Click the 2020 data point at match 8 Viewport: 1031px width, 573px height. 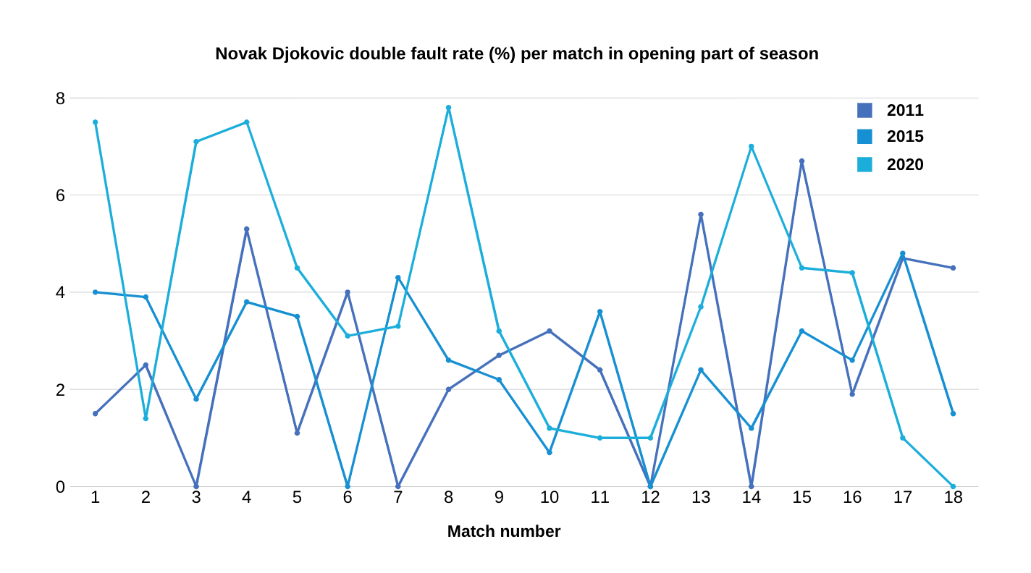[448, 108]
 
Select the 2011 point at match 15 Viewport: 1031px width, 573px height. [801, 161]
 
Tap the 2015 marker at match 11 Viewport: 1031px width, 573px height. [599, 312]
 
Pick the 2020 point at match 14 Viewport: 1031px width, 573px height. [751, 147]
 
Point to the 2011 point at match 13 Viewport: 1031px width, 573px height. [701, 214]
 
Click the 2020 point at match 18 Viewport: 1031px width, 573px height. [953, 486]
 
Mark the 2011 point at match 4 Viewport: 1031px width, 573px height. [246, 229]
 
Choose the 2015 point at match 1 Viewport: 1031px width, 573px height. [95, 292]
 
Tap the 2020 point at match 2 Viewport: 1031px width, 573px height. [146, 418]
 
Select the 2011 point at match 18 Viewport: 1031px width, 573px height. [953, 268]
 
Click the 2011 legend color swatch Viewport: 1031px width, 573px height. [864, 110]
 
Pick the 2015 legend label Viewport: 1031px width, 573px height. [905, 137]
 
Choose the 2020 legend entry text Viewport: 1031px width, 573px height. [905, 165]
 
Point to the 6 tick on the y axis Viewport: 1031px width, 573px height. [60, 195]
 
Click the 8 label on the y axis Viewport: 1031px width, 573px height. [60, 98]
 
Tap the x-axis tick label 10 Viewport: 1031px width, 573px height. [550, 498]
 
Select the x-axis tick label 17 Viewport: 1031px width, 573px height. [902, 498]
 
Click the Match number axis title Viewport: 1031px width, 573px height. [504, 532]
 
